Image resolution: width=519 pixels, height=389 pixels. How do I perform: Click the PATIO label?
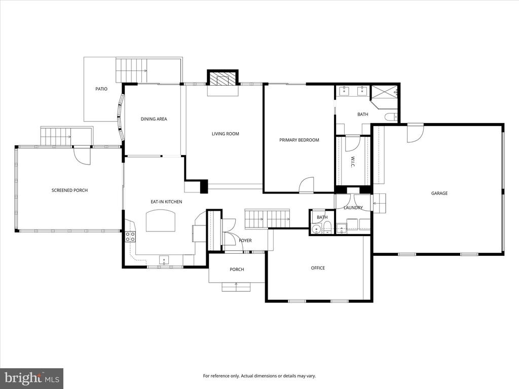[101, 89]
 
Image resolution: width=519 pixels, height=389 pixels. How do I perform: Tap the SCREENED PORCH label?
[69, 190]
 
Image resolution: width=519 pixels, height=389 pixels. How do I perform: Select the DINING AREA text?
[154, 119]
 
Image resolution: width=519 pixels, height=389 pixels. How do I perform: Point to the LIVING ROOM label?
[226, 134]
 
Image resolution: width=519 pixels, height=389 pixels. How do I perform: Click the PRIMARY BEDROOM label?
[299, 140]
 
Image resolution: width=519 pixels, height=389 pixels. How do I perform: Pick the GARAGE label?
[439, 193]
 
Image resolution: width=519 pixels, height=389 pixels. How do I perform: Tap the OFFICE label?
[318, 268]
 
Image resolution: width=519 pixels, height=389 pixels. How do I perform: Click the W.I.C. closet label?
[353, 162]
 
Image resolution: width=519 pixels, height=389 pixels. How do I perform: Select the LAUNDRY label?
[353, 208]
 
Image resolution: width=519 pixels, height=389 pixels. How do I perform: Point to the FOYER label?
[245, 241]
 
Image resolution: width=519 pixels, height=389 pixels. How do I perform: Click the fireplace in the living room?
[223, 79]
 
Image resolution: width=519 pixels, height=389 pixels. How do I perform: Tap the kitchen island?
[161, 220]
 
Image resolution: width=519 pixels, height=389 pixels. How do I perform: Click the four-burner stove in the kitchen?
[130, 236]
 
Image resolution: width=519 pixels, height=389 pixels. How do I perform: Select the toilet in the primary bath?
[391, 117]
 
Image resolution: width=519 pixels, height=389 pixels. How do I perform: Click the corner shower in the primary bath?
[384, 97]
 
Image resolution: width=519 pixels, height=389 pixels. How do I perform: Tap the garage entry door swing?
[415, 133]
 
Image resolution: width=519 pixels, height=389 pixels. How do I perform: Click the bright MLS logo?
[31, 378]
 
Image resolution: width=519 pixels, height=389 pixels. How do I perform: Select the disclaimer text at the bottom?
[259, 376]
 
